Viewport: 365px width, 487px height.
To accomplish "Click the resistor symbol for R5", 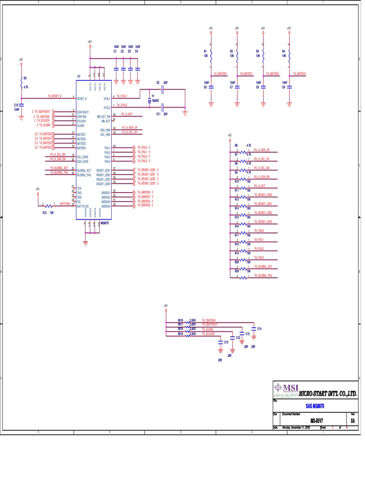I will click(x=21, y=85).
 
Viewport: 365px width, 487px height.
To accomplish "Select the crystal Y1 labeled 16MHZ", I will click(x=149, y=101).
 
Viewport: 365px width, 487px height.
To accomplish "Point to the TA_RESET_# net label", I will click(x=55, y=96).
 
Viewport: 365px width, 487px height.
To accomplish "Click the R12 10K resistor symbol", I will click(x=48, y=205).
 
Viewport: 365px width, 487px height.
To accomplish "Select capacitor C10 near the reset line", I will click(x=21, y=105).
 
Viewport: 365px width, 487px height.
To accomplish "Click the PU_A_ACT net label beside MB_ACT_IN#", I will click(x=127, y=114).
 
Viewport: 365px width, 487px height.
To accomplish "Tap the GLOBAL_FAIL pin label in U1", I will click(x=84, y=175).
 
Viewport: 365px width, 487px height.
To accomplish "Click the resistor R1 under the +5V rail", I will click(x=211, y=54).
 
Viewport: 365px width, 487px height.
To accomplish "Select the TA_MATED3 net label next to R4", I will click(x=299, y=74).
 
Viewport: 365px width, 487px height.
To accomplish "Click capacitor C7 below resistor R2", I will click(x=237, y=87).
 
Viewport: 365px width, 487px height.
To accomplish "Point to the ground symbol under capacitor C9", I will click(x=289, y=104).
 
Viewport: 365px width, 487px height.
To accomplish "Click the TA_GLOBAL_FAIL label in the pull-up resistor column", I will click(x=263, y=275).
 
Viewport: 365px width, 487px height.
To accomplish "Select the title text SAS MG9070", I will click(x=315, y=406).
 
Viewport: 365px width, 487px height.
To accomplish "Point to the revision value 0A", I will click(x=353, y=420).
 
